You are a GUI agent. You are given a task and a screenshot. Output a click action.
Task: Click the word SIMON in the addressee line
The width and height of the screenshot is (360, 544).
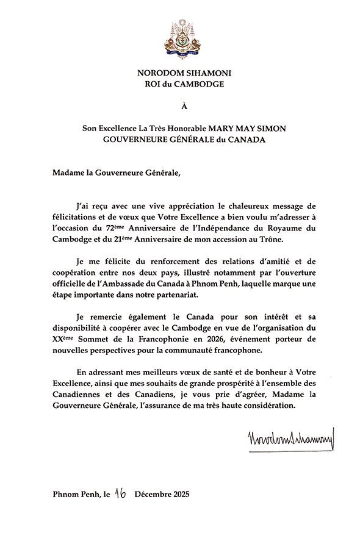point(267,129)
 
